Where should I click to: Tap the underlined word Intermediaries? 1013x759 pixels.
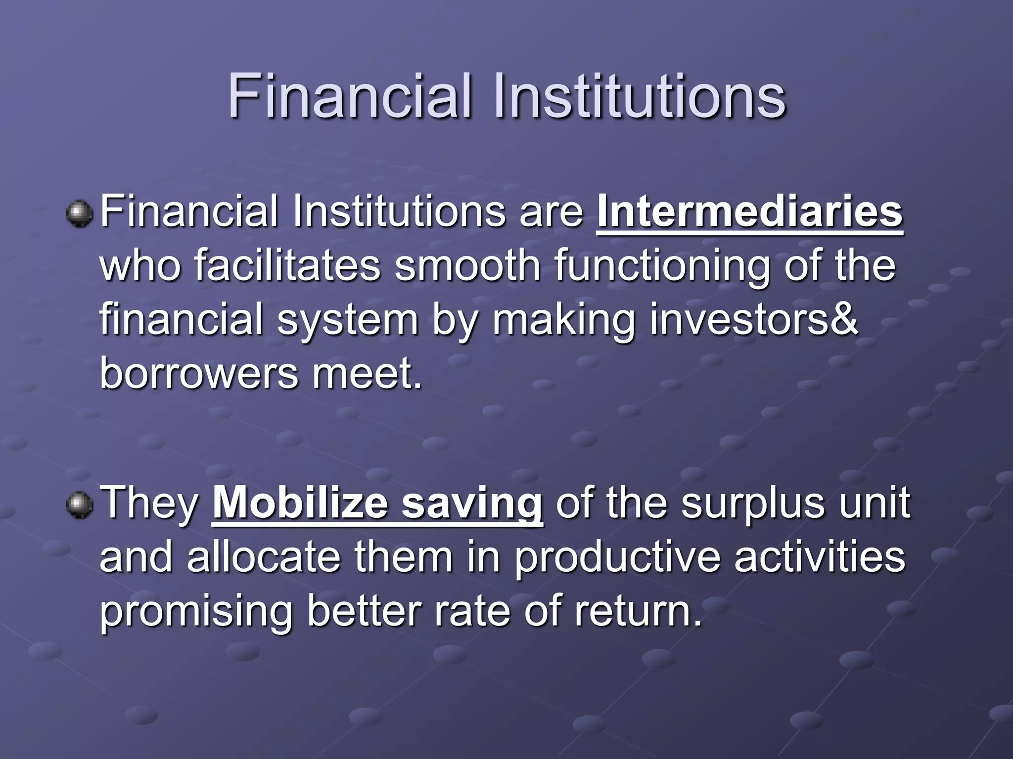(750, 212)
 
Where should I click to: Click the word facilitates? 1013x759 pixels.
(287, 266)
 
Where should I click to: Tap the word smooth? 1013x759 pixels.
(467, 266)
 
